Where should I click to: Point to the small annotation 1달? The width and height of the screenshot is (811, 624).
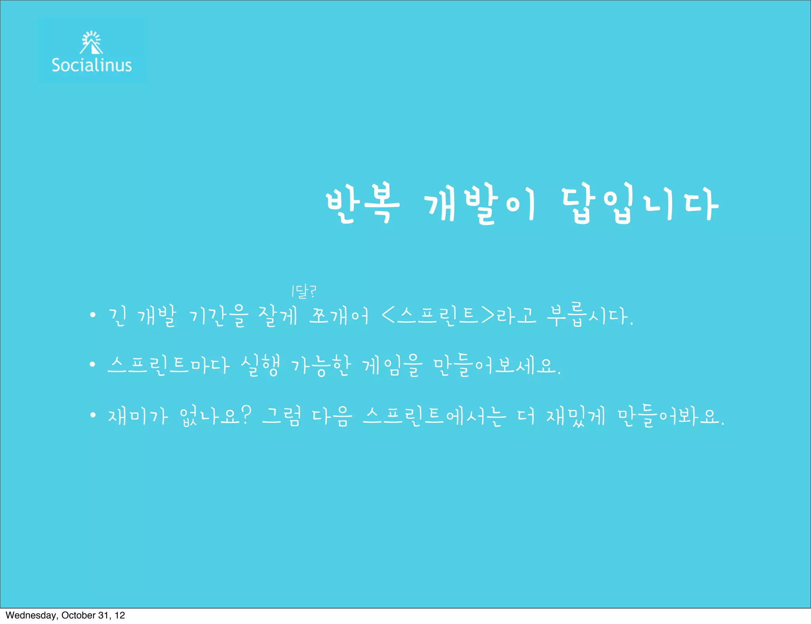pyautogui.click(x=303, y=292)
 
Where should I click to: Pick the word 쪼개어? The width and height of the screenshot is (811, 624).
pyautogui.click(x=339, y=316)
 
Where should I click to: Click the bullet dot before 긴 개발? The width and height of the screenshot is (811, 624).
pyautogui.click(x=93, y=315)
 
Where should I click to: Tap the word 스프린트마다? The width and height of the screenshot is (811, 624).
pyautogui.click(x=168, y=365)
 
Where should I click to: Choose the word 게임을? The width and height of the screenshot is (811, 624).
pyautogui.click(x=392, y=365)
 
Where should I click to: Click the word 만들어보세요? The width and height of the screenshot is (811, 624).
pyautogui.click(x=497, y=365)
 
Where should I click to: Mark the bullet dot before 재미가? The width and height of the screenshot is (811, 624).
pyautogui.click(x=93, y=415)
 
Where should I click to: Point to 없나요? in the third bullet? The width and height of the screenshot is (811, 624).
pyautogui.click(x=215, y=416)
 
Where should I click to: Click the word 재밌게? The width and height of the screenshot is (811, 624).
pyautogui.click(x=576, y=416)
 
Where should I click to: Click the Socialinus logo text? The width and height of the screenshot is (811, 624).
pyautogui.click(x=91, y=65)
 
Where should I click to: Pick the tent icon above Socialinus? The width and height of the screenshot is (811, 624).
pyautogui.click(x=91, y=43)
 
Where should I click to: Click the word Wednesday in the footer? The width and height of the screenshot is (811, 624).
pyautogui.click(x=31, y=615)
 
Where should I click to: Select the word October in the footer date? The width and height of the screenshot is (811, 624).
pyautogui.click(x=78, y=615)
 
